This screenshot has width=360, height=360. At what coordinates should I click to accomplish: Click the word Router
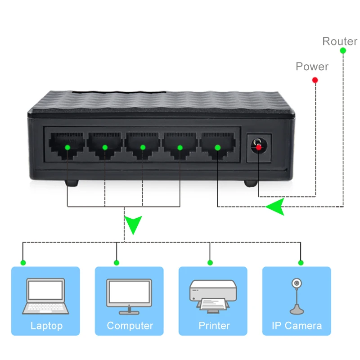340,41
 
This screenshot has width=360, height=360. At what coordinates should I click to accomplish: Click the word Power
312,67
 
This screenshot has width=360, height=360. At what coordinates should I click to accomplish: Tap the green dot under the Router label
342,51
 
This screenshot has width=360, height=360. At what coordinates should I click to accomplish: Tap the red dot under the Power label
315,80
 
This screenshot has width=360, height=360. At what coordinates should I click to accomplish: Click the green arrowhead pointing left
275,207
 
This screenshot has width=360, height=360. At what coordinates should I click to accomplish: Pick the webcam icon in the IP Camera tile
297,295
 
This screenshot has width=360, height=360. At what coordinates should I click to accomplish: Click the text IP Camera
297,326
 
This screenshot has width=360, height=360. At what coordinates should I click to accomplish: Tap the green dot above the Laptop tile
23,262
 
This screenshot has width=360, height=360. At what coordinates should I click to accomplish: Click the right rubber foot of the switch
251,184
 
